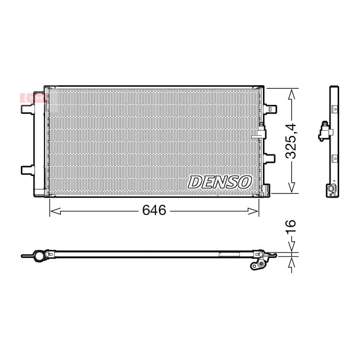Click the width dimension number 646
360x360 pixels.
154,210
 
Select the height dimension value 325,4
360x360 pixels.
291,141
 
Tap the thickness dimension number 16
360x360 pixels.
291,227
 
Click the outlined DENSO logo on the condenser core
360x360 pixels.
220,182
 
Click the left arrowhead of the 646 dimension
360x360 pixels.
55,211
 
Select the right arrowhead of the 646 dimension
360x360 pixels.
254,211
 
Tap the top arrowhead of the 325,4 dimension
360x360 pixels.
292,94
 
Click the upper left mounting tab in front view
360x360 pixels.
28,109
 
